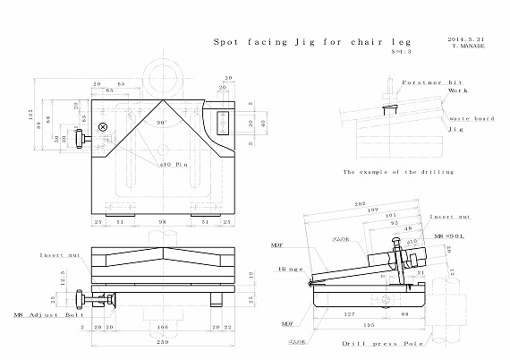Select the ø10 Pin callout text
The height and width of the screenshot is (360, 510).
coord(173,165)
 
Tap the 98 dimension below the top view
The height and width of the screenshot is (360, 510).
coord(163,222)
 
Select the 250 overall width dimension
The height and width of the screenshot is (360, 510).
coord(163,341)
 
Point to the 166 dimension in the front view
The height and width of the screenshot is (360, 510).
coord(162,328)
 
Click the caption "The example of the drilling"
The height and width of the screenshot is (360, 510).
coord(398,171)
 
